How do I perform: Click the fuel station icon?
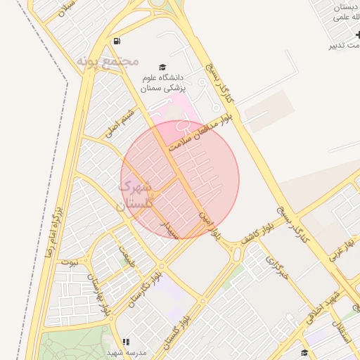point(116,40)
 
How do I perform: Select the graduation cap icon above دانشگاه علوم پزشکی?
point(162,66)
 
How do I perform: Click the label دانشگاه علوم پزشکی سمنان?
point(162,83)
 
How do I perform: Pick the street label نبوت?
point(69,261)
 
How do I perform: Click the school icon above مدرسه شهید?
point(127,342)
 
